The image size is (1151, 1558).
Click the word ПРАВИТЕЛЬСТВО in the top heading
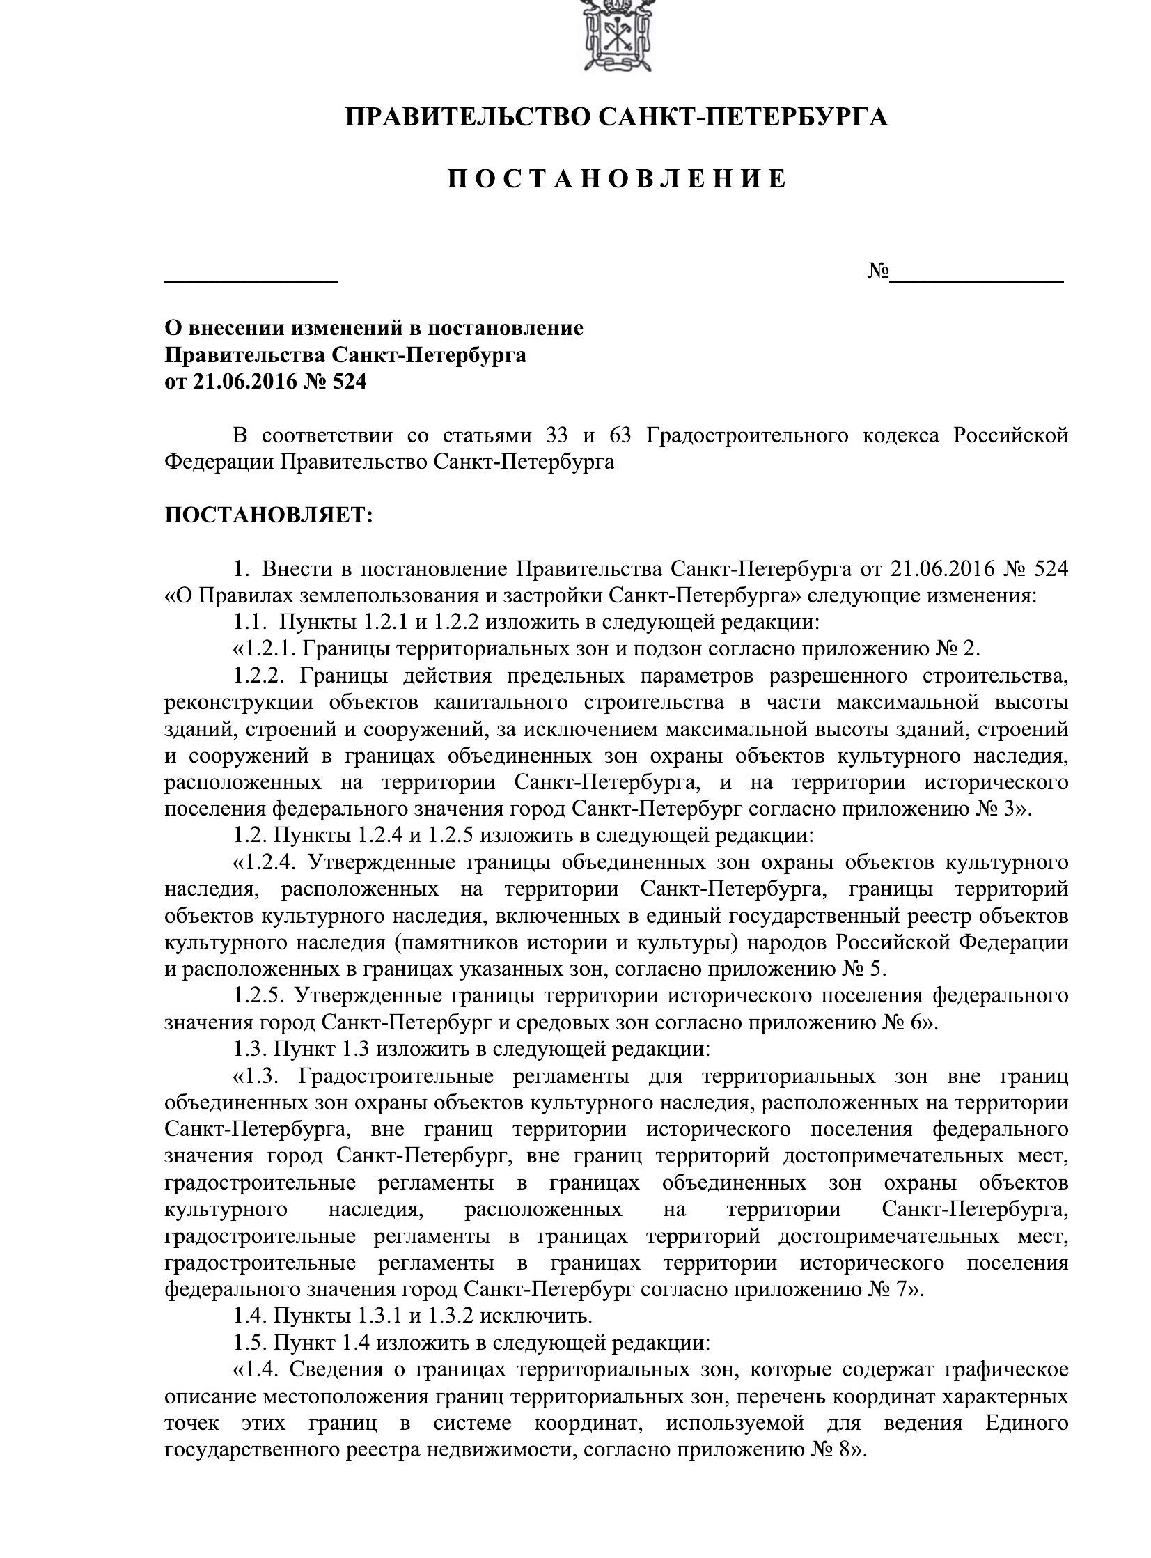[469, 117]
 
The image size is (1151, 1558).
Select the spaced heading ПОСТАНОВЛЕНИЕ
[617, 179]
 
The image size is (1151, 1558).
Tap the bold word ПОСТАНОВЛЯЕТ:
[269, 516]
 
